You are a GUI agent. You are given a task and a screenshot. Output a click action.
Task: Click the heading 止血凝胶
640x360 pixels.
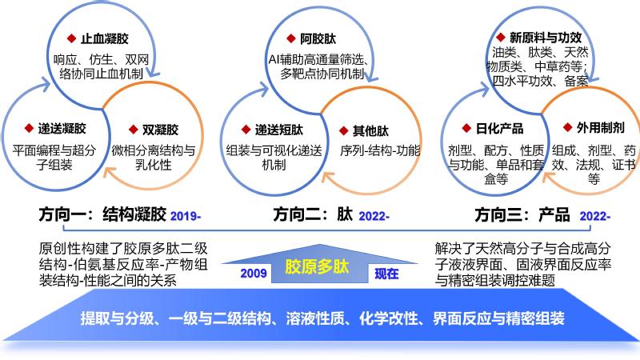coord(105,38)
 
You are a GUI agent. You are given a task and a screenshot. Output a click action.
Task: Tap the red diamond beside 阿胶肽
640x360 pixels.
coord(290,38)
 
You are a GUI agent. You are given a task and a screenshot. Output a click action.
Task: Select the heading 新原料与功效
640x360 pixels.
coord(546,38)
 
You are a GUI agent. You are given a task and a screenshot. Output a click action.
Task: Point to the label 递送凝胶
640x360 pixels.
coord(62,128)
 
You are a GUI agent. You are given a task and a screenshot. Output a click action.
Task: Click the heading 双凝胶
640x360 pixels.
coord(160,130)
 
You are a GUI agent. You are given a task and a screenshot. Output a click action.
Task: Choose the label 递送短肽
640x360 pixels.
coord(279,130)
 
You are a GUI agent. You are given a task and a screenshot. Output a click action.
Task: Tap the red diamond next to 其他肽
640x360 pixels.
coord(343,130)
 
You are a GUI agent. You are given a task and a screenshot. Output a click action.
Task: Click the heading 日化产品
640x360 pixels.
coord(499,128)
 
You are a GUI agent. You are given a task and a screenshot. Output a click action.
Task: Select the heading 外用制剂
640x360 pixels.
coord(601,127)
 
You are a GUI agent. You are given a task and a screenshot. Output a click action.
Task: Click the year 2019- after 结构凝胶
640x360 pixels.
coord(186,215)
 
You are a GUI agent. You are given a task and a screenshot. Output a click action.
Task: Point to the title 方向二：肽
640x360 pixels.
coord(313,214)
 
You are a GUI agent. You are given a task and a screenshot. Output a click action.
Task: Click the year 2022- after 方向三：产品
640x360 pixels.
coord(595,215)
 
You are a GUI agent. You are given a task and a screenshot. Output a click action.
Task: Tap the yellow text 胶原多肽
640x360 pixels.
coord(317,266)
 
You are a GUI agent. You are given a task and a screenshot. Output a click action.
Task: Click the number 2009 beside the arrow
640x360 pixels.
coord(254,273)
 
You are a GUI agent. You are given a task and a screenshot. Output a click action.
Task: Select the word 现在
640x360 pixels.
coord(386,273)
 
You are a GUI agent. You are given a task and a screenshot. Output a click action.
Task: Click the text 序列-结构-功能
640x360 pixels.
coord(380,150)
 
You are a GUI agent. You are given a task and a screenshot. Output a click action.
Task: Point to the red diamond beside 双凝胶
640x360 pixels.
coord(133,130)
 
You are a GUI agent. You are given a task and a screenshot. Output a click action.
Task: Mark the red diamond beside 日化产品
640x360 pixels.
coord(466,128)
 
